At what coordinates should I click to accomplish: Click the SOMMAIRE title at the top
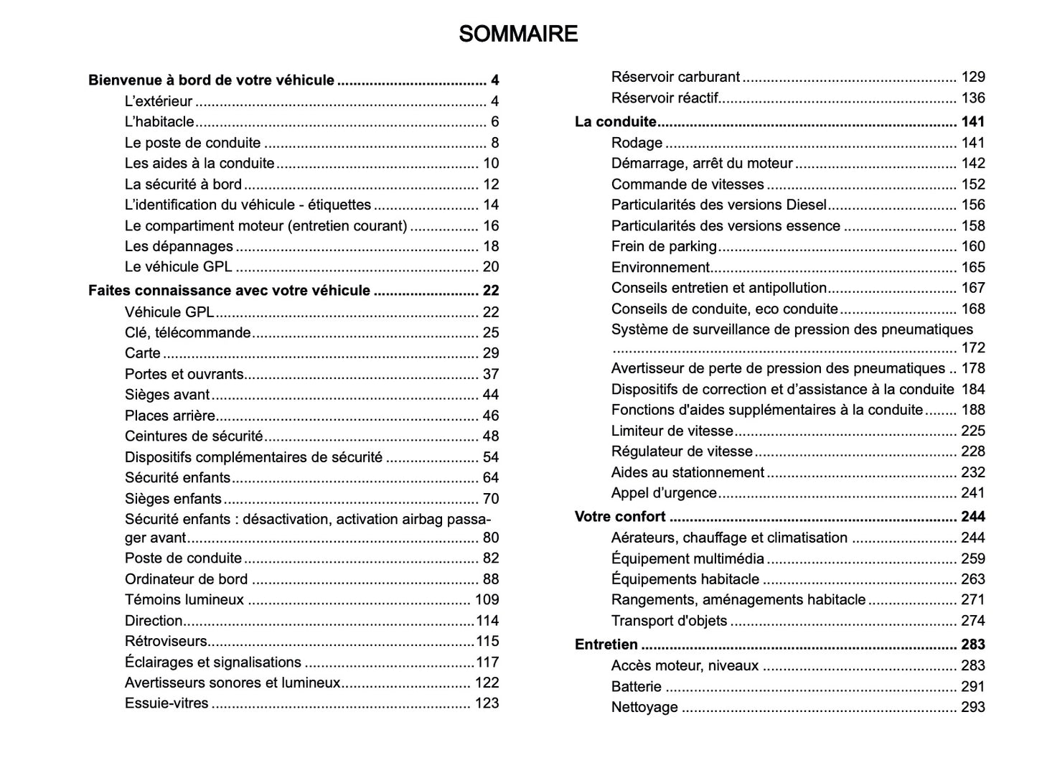[517, 34]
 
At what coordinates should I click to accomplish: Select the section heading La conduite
[616, 122]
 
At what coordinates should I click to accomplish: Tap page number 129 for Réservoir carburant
[972, 77]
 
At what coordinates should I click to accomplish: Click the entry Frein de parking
[664, 246]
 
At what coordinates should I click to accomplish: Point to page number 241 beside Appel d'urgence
[972, 493]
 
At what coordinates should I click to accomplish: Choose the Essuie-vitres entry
[166, 703]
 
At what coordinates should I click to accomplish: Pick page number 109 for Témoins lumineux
[487, 600]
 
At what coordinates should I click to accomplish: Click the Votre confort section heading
[620, 517]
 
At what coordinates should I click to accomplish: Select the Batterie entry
[636, 687]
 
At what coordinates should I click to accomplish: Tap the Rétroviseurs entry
[166, 642]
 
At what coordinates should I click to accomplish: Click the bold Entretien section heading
[606, 645]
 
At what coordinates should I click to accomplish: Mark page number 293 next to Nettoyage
[972, 708]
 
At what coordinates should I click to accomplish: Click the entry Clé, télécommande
[188, 333]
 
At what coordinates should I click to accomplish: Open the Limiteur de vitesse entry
[672, 431]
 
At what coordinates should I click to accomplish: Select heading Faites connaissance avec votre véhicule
[229, 291]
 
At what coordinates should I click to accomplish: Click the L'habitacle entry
[159, 122]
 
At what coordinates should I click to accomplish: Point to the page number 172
[972, 348]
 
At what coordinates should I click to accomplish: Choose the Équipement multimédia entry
[688, 559]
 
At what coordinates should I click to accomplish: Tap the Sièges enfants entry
[173, 499]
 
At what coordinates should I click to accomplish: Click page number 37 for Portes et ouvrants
[490, 375]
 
